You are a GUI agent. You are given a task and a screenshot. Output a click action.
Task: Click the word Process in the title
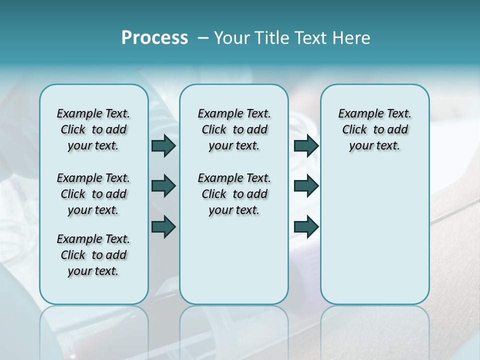tap(154, 38)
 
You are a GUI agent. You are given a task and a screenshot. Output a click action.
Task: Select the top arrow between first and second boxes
tap(163, 145)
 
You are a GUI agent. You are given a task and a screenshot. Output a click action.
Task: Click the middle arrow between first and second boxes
tap(163, 186)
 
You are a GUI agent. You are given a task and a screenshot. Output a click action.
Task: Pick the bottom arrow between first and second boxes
tap(163, 226)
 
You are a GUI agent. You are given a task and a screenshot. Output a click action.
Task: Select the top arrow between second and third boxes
tap(306, 145)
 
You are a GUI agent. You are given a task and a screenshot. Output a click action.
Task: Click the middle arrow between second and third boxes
tap(306, 186)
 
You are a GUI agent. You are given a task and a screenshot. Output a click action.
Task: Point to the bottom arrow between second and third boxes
tap(306, 226)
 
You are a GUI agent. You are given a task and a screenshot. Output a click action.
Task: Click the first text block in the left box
tap(93, 129)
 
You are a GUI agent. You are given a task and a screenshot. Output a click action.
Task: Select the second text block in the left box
tap(93, 194)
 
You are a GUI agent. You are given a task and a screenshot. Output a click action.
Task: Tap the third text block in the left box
tap(93, 255)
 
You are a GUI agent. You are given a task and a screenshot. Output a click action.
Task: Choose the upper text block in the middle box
tap(234, 129)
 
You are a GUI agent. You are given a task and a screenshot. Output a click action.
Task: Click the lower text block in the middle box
tap(234, 194)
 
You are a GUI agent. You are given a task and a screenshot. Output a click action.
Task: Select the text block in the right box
tap(374, 129)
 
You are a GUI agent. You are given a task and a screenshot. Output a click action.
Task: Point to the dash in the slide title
tap(203, 38)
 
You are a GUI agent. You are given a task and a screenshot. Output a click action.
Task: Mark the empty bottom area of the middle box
tap(234, 265)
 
